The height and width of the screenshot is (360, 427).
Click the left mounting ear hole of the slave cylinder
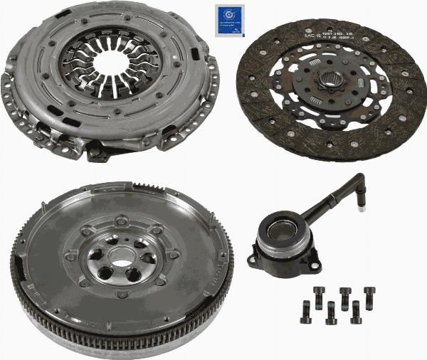pyautogui.click(x=253, y=259)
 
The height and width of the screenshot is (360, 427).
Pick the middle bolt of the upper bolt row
pyautogui.click(x=345, y=294)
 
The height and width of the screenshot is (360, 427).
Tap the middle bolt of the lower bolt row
pyautogui.click(x=330, y=311)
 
